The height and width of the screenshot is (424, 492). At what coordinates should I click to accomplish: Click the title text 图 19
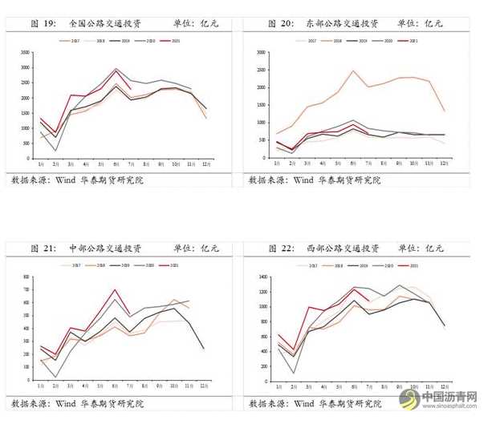click(43, 24)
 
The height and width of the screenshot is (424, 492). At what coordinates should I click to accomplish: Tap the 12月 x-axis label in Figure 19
click(206, 164)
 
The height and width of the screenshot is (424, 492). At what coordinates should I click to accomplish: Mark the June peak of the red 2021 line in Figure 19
click(116, 69)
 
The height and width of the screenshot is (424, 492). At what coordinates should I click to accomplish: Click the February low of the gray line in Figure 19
click(54, 150)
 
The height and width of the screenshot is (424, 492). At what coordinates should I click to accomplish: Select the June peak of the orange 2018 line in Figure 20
click(353, 71)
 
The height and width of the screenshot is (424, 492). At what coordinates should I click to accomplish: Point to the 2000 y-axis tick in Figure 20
click(262, 87)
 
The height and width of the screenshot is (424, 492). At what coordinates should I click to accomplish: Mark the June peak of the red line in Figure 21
click(116, 289)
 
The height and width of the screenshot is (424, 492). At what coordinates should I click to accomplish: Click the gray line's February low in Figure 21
click(54, 377)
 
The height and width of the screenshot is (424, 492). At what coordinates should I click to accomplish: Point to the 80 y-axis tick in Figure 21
click(26, 277)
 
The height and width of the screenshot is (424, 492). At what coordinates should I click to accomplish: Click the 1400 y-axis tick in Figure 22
click(262, 277)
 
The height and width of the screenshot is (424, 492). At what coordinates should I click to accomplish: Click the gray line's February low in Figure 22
click(293, 374)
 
